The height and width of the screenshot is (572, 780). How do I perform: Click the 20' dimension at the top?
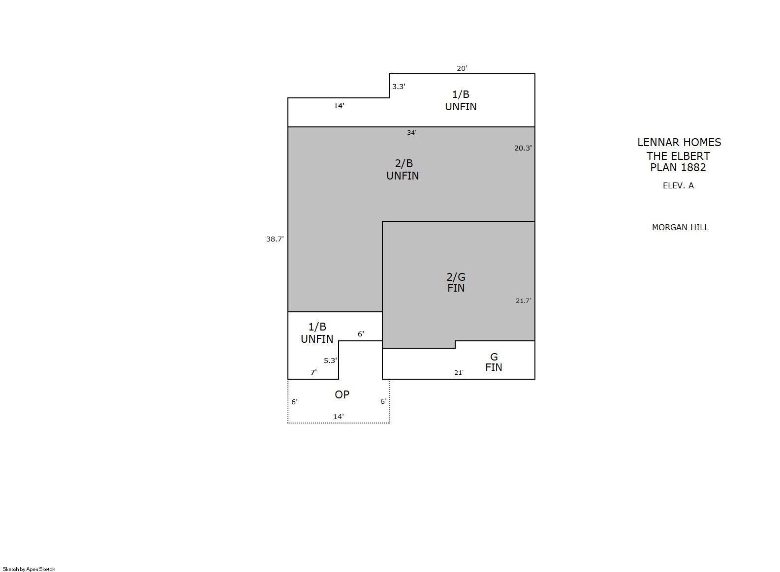click(x=462, y=68)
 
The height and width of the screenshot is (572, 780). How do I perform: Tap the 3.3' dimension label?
click(x=399, y=87)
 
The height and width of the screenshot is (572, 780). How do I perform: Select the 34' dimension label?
click(x=411, y=133)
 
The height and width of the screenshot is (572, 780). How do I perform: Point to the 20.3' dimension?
click(x=523, y=148)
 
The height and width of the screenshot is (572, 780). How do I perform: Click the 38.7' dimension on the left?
click(x=275, y=239)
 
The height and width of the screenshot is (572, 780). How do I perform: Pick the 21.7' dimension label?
click(x=524, y=301)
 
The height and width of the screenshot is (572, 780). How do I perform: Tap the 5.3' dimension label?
click(x=331, y=361)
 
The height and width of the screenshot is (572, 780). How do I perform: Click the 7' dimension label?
click(x=314, y=372)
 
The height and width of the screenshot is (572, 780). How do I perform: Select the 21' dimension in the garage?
click(x=459, y=373)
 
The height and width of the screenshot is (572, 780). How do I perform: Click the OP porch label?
click(x=342, y=394)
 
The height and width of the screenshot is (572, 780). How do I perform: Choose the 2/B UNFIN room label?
click(x=403, y=170)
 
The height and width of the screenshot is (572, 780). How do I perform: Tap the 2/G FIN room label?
click(x=456, y=282)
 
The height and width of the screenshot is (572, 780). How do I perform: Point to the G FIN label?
click(x=494, y=362)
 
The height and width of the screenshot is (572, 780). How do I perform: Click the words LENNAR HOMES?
click(x=680, y=142)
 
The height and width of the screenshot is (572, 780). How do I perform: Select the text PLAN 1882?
click(x=678, y=168)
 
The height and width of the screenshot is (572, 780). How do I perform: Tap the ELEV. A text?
click(x=678, y=186)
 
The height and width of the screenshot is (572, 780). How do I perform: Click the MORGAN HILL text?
click(x=681, y=228)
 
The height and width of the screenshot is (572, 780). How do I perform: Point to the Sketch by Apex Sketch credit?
click(x=29, y=569)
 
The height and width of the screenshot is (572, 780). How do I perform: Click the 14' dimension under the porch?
click(x=339, y=417)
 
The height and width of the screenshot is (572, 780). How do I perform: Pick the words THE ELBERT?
click(x=678, y=156)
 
